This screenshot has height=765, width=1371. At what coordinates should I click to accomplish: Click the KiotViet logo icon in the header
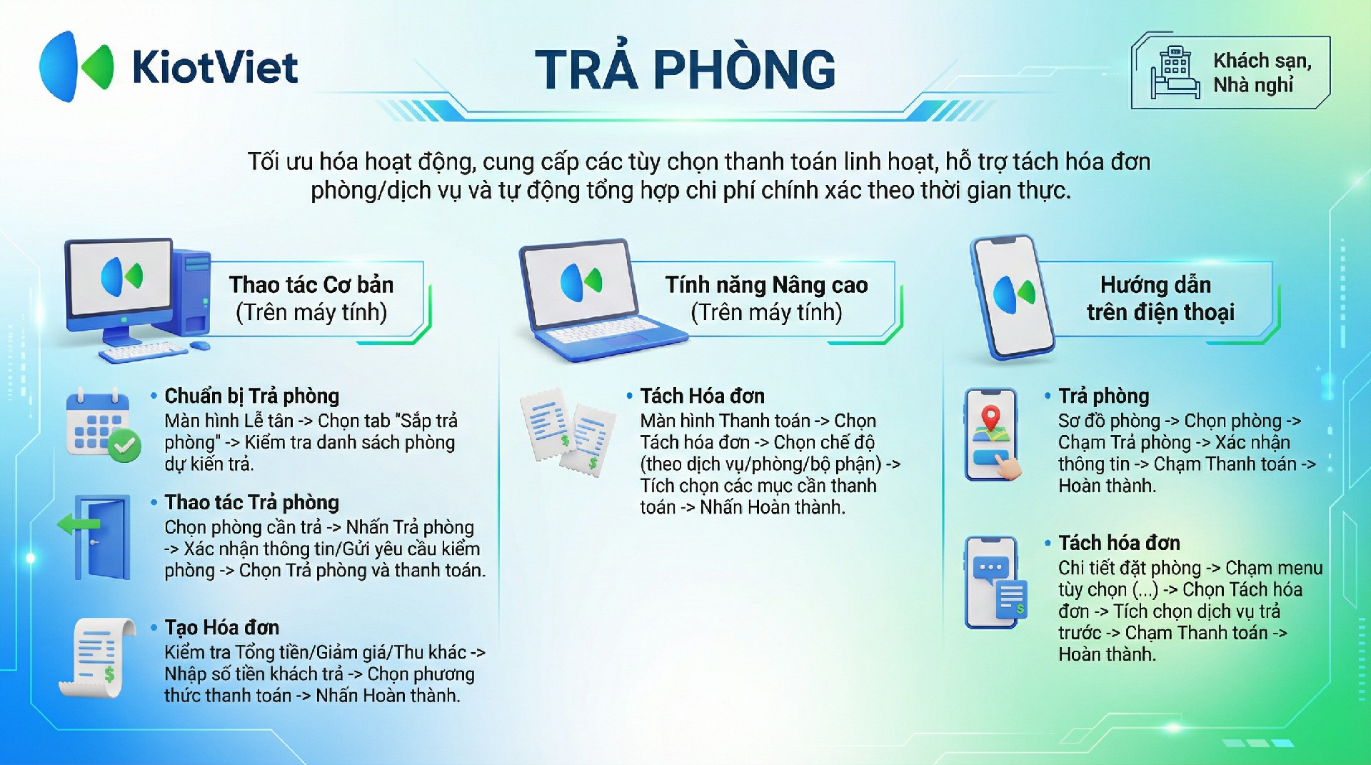pyautogui.click(x=76, y=66)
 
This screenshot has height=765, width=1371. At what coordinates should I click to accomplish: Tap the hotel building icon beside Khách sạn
pyautogui.click(x=1175, y=73)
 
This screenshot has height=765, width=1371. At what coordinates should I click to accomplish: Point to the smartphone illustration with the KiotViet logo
pyautogui.click(x=1012, y=297)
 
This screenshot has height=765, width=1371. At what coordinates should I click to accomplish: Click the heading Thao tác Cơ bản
pyautogui.click(x=311, y=285)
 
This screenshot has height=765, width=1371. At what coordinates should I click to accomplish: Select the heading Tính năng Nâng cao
pyautogui.click(x=766, y=285)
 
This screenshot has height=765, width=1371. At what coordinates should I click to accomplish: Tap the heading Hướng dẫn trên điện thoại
pyautogui.click(x=1159, y=299)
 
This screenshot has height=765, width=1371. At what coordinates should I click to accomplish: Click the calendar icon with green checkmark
pyautogui.click(x=103, y=426)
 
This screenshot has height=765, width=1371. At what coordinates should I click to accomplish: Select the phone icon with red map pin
pyautogui.click(x=993, y=434)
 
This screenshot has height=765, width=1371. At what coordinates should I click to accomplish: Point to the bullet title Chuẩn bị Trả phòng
pyautogui.click(x=251, y=396)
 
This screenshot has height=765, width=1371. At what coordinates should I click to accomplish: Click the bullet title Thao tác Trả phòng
pyautogui.click(x=251, y=503)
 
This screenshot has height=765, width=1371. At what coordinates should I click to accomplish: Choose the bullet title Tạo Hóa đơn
pyautogui.click(x=221, y=628)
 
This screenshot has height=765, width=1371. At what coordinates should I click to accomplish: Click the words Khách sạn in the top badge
pyautogui.click(x=1261, y=61)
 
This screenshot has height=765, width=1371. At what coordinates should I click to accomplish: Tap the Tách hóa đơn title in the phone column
pyautogui.click(x=1119, y=543)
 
